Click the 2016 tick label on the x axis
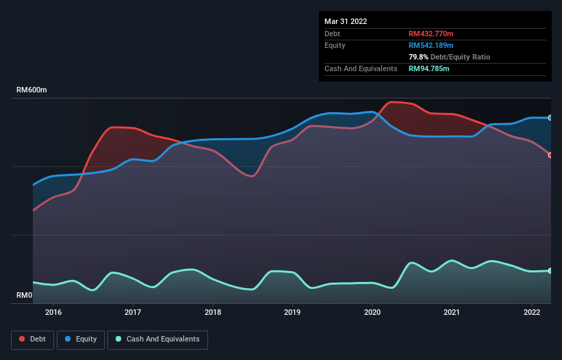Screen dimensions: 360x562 (x=53, y=313)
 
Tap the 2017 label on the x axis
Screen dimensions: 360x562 (x=133, y=313)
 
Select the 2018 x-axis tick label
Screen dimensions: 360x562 (x=213, y=313)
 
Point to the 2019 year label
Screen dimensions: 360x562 (x=292, y=313)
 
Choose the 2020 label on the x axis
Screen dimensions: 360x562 (x=372, y=313)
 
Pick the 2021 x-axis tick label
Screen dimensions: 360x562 (x=452, y=313)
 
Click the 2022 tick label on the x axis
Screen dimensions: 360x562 (x=532, y=313)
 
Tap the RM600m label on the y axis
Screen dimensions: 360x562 (x=32, y=90)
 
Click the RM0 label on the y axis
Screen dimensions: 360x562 (x=25, y=296)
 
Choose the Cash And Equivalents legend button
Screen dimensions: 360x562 (x=157, y=339)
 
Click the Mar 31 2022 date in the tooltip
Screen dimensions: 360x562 (x=346, y=21)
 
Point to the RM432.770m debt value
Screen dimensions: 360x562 (x=432, y=34)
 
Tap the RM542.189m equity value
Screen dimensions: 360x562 (x=432, y=45)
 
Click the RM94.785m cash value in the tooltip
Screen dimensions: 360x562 (x=429, y=68)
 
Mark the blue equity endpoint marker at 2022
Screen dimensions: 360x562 (x=550, y=118)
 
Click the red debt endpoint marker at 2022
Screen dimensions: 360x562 (x=550, y=155)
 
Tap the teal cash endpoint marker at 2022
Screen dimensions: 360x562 (x=550, y=271)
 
